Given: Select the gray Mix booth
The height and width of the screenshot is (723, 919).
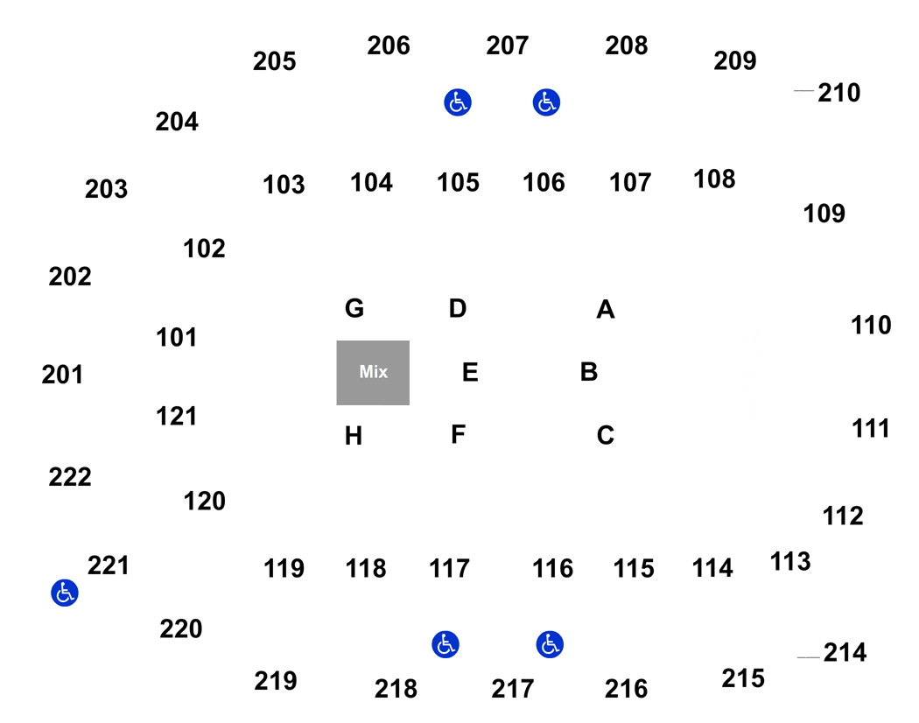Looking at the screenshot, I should pyautogui.click(x=373, y=372).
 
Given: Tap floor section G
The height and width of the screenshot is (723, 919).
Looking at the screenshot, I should pyautogui.click(x=354, y=309).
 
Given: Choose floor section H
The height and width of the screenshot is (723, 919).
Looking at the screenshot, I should pyautogui.click(x=354, y=436).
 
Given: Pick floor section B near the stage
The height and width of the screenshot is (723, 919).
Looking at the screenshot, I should pyautogui.click(x=589, y=372).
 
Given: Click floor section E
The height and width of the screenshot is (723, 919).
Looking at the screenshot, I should pyautogui.click(x=470, y=372).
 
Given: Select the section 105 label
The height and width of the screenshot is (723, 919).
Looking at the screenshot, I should pyautogui.click(x=459, y=182).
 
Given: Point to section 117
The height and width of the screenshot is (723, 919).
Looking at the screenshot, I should pyautogui.click(x=450, y=569).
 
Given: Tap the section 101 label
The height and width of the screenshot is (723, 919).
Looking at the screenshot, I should pyautogui.click(x=177, y=337).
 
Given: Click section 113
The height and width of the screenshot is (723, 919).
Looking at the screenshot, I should pyautogui.click(x=790, y=560).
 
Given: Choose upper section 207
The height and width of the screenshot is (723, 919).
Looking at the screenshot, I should pyautogui.click(x=508, y=46).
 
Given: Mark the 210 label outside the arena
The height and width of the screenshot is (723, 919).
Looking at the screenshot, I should pyautogui.click(x=838, y=92).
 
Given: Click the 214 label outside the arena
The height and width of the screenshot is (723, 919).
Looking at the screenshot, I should pyautogui.click(x=845, y=653).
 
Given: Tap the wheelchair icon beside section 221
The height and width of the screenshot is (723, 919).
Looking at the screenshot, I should pyautogui.click(x=63, y=593).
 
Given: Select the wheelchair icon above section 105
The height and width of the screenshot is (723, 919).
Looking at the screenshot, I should pyautogui.click(x=457, y=102).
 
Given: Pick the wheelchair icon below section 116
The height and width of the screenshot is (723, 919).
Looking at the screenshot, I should pyautogui.click(x=550, y=646).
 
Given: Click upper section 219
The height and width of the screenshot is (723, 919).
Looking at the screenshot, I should pyautogui.click(x=276, y=680).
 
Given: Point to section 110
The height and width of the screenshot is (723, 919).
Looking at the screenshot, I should pyautogui.click(x=871, y=326).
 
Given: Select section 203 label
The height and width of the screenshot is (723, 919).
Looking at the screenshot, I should pyautogui.click(x=107, y=188).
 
